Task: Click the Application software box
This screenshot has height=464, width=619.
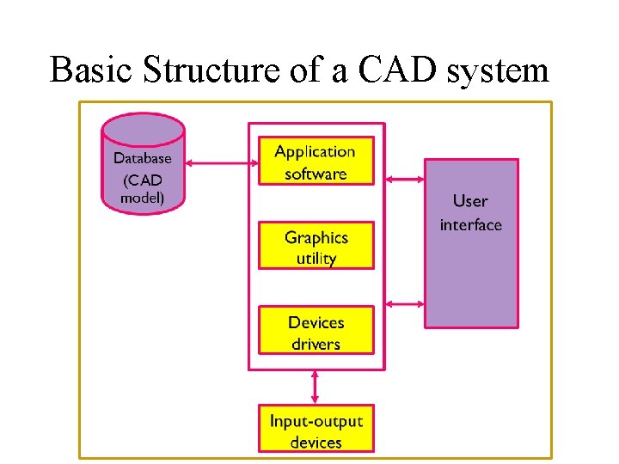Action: click(316, 162)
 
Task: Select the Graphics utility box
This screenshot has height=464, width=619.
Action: click(316, 247)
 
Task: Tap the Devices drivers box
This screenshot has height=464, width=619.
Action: click(316, 332)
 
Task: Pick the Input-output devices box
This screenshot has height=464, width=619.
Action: click(316, 430)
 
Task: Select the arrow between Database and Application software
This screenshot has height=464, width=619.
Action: click(221, 162)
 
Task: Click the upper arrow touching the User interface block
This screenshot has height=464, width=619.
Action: click(405, 179)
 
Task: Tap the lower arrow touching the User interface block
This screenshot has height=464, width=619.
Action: click(405, 303)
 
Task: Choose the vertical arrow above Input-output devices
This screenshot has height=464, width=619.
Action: click(316, 387)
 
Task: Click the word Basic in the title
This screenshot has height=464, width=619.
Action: click(89, 70)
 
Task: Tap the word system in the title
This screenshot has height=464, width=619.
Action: click(498, 70)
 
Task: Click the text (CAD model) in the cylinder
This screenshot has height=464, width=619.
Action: click(143, 190)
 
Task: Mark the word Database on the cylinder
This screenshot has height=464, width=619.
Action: click(143, 158)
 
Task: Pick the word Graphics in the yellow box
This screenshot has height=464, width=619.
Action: click(316, 237)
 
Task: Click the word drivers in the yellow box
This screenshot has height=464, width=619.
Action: click(316, 344)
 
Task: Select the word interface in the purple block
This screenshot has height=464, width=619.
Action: click(471, 225)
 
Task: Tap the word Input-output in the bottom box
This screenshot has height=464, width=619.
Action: click(316, 421)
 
